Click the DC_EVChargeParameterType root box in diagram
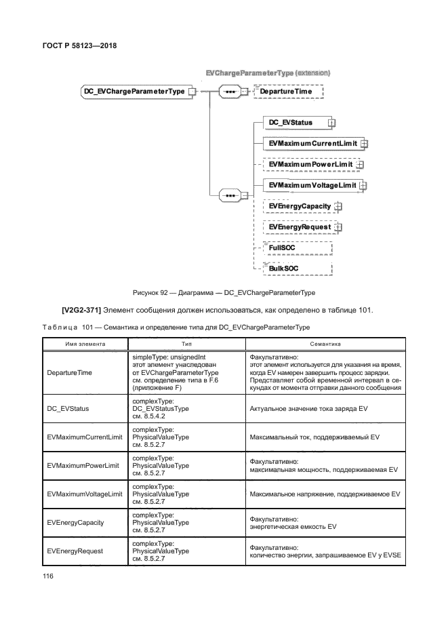pos(134,90)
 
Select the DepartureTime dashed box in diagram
pos(287,91)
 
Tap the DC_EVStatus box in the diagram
pos(294,123)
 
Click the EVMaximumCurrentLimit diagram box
pos(312,144)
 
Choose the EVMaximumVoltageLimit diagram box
pos(312,185)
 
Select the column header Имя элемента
pos(85,344)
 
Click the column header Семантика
pos(325,344)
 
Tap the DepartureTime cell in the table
pos(69,373)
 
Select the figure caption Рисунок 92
pos(224,292)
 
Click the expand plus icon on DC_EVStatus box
pos(331,123)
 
